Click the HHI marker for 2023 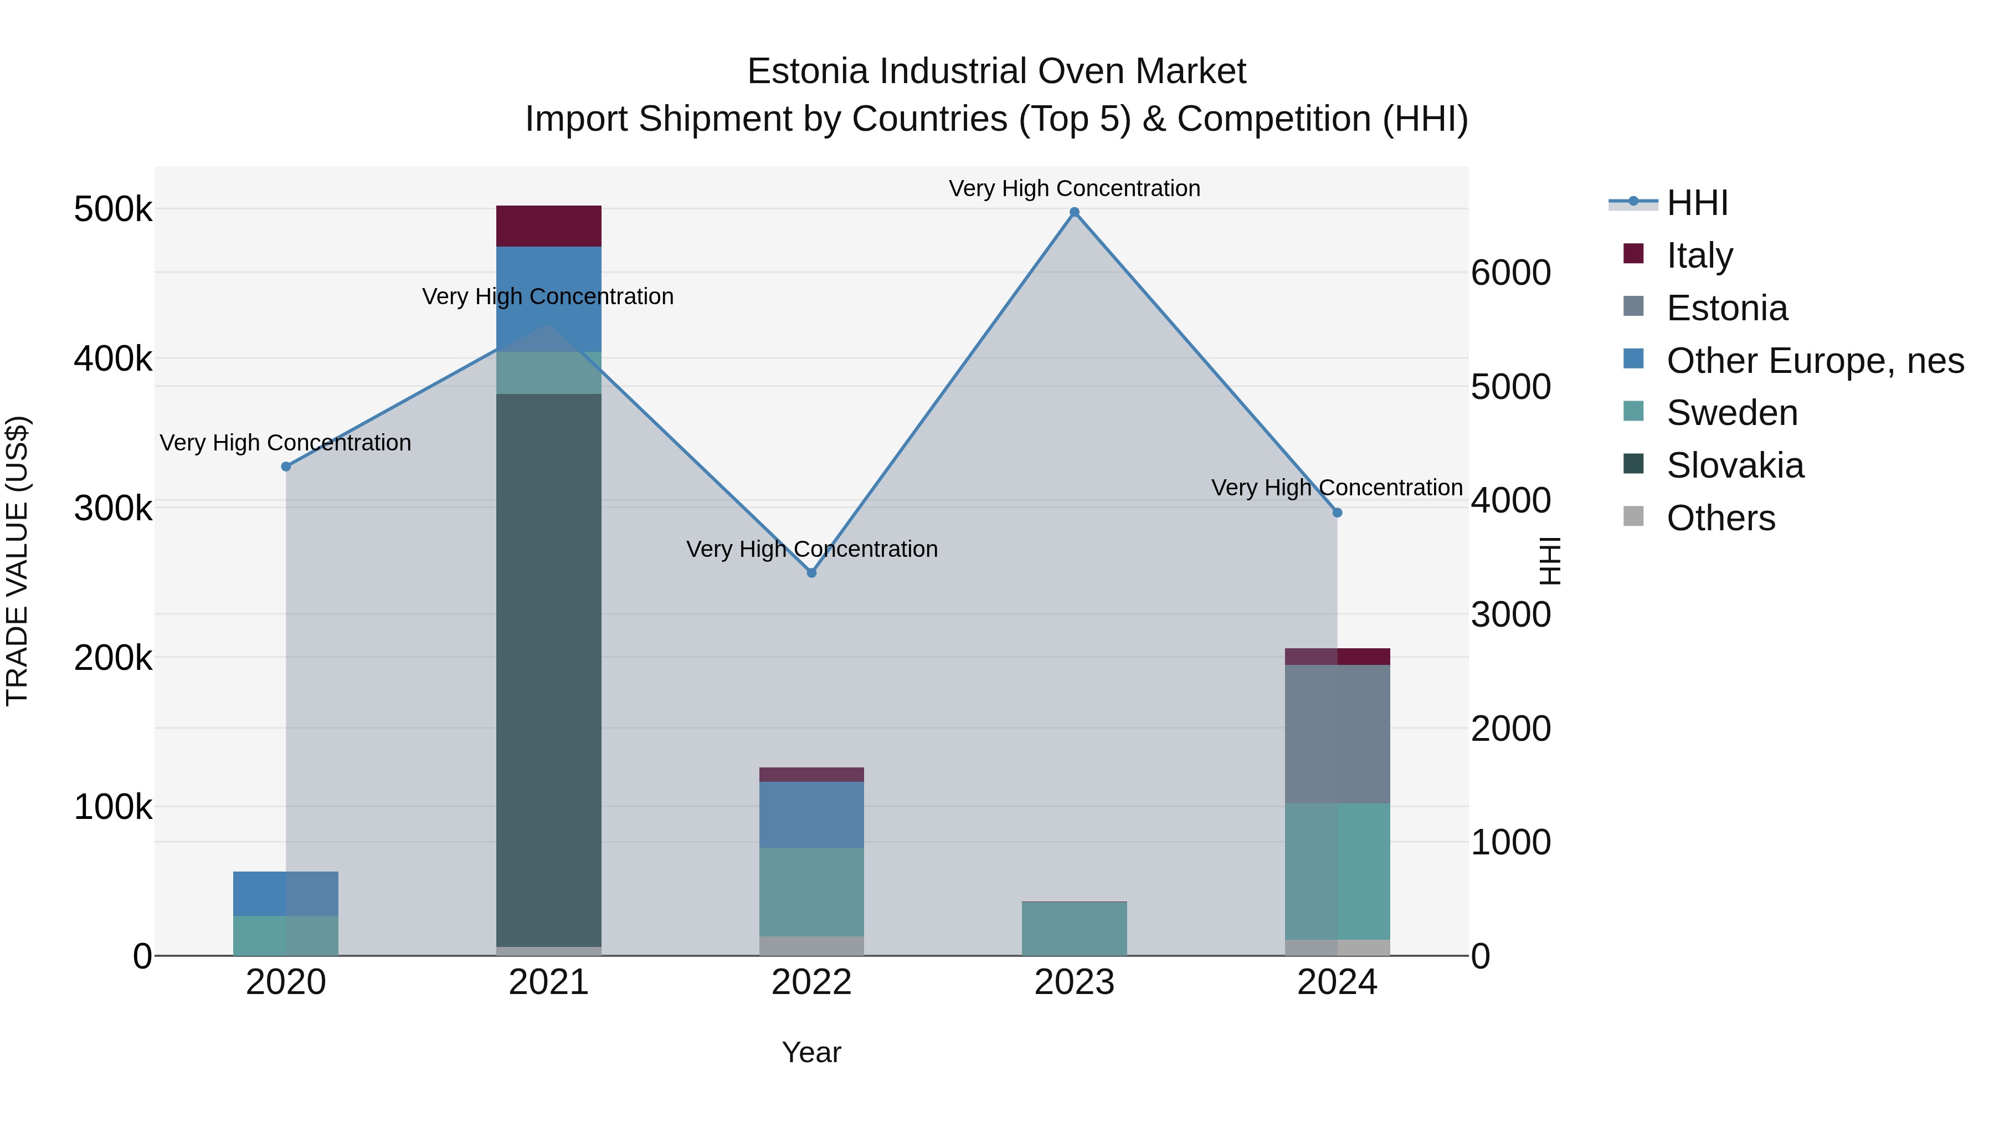click(1075, 212)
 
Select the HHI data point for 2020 click(286, 466)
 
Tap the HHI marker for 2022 click(811, 573)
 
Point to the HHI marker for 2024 click(1337, 513)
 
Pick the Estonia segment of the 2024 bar click(1337, 733)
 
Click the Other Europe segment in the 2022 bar click(811, 814)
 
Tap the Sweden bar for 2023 click(1075, 929)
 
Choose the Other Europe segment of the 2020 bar click(286, 894)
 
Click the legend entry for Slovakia click(1735, 465)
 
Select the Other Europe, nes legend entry click(1815, 361)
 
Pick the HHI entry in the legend click(1697, 203)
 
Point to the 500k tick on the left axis click(113, 209)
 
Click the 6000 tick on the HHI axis click(1510, 273)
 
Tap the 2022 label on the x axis click(811, 982)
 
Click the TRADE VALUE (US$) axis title click(17, 561)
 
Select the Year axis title click(811, 1052)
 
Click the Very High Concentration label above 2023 click(1075, 188)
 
